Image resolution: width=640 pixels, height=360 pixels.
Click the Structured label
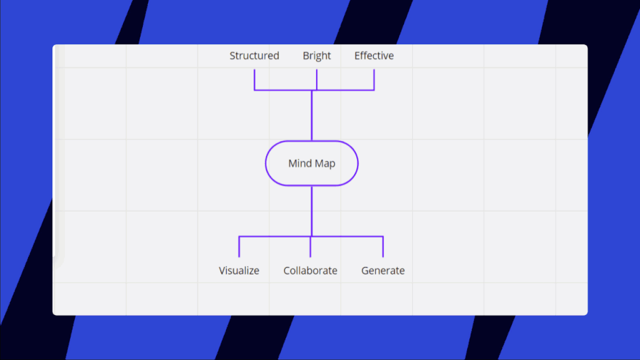pyautogui.click(x=254, y=56)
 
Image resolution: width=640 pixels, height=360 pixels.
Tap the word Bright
pyautogui.click(x=317, y=56)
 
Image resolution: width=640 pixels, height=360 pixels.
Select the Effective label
pyautogui.click(x=374, y=56)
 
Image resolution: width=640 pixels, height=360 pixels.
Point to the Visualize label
pyautogui.click(x=239, y=270)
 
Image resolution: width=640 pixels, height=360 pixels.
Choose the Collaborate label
pyautogui.click(x=310, y=270)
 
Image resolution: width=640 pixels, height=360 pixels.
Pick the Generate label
pyautogui.click(x=383, y=270)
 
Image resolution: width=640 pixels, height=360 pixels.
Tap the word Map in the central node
pyautogui.click(x=325, y=163)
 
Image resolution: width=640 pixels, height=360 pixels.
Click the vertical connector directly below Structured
pyautogui.click(x=254, y=79)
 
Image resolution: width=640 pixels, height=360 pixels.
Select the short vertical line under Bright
pyautogui.click(x=317, y=79)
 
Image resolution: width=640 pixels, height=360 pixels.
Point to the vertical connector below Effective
pyautogui.click(x=374, y=79)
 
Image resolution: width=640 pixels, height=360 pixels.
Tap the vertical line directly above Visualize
pyautogui.click(x=239, y=246)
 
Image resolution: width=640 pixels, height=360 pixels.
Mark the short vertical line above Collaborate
pyautogui.click(x=310, y=246)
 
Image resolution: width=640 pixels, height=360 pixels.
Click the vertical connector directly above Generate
pyautogui.click(x=383, y=246)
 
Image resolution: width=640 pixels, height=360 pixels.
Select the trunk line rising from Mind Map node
pyautogui.click(x=312, y=115)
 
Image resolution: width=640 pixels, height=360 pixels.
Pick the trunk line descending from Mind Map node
pyautogui.click(x=312, y=211)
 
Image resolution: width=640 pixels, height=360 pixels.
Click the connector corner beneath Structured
pyautogui.click(x=254, y=90)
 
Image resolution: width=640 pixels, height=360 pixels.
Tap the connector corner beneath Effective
pyautogui.click(x=374, y=90)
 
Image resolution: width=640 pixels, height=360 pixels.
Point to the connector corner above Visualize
pyautogui.click(x=239, y=236)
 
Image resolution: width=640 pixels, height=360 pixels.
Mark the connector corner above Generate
pyautogui.click(x=383, y=236)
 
